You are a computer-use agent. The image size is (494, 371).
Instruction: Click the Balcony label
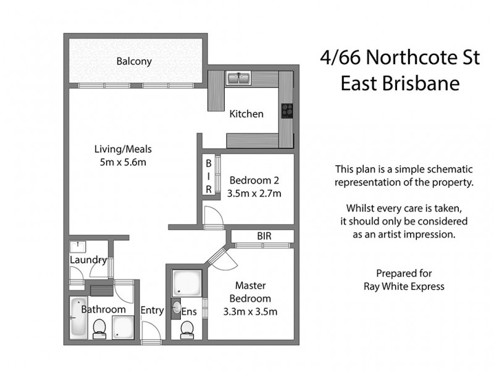click(x=134, y=62)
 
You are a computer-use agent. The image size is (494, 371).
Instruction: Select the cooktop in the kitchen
click(x=287, y=111)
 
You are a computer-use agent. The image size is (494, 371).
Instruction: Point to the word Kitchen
click(x=246, y=114)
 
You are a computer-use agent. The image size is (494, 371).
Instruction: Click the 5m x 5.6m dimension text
click(x=123, y=162)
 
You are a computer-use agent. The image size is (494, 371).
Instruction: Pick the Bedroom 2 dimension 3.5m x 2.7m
click(x=254, y=194)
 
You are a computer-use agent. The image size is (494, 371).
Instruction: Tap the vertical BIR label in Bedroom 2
click(x=209, y=176)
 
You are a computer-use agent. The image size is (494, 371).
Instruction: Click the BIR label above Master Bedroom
click(x=264, y=236)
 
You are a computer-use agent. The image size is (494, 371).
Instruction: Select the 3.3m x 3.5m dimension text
click(x=250, y=312)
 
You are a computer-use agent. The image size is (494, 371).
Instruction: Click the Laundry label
click(x=88, y=260)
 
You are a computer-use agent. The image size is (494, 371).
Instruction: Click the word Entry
click(x=152, y=310)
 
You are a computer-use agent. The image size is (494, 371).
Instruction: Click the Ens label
click(x=189, y=312)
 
